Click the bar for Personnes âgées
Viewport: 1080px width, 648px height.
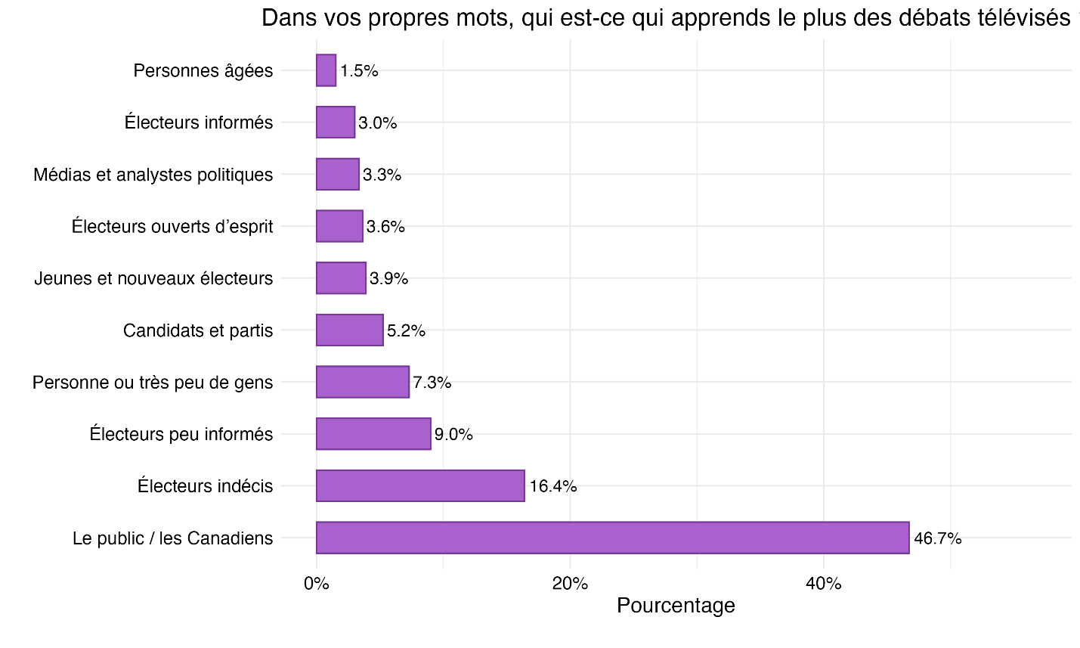326,70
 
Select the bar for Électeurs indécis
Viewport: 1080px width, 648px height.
420,485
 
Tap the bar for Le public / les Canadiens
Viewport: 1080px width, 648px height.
612,538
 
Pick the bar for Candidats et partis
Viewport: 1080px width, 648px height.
349,330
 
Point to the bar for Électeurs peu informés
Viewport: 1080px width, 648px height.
373,434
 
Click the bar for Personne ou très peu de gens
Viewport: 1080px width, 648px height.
363,382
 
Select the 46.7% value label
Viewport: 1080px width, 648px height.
937,538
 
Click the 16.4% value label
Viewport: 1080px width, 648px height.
552,486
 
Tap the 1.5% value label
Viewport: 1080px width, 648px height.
359,71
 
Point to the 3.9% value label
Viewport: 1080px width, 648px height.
388,278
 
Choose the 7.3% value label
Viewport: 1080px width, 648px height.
432,383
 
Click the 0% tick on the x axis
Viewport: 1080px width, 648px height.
316,584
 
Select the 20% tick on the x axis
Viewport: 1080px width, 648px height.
570,584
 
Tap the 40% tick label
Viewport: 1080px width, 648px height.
823,584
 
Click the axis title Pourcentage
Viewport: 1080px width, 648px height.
676,606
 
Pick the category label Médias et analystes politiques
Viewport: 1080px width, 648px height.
153,175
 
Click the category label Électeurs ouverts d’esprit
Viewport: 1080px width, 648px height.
172,226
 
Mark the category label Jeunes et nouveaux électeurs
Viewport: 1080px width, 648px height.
153,278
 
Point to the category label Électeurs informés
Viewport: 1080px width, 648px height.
199,122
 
